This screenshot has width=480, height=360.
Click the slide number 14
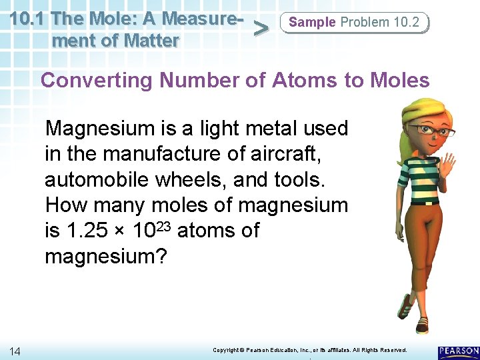click(15, 351)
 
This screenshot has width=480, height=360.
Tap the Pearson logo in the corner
click(459, 351)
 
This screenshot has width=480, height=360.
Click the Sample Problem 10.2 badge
click(355, 23)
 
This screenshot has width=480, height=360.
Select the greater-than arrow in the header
click(263, 28)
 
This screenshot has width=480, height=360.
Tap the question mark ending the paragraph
click(162, 257)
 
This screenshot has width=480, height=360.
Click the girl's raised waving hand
click(447, 163)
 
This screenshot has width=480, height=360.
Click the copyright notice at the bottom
click(309, 350)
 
